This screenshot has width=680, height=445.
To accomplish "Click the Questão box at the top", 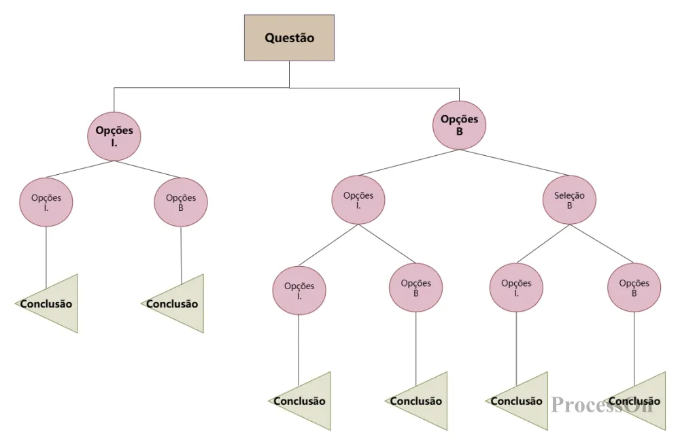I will pos(289,38).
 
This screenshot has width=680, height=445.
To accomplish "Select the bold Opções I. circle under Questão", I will pos(114,136).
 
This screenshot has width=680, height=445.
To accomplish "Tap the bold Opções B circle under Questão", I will pos(459,125).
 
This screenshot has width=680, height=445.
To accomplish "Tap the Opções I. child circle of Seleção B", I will pos(516,289).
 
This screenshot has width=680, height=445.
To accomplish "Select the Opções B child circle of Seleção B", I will pos(634,289).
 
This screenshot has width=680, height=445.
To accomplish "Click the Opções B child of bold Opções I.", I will pos(181,203).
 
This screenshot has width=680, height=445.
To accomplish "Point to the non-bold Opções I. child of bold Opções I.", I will pos(46,203).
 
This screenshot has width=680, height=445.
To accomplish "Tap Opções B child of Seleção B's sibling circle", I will pos(415,289).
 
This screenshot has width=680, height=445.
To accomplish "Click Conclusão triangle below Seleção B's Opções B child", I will pos(643,401).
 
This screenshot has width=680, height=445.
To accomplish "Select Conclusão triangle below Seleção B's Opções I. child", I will pos(524,401).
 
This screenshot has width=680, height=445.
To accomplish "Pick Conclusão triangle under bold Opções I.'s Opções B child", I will pos(178,304).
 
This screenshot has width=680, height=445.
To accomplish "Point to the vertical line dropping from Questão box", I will pos(289,74).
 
